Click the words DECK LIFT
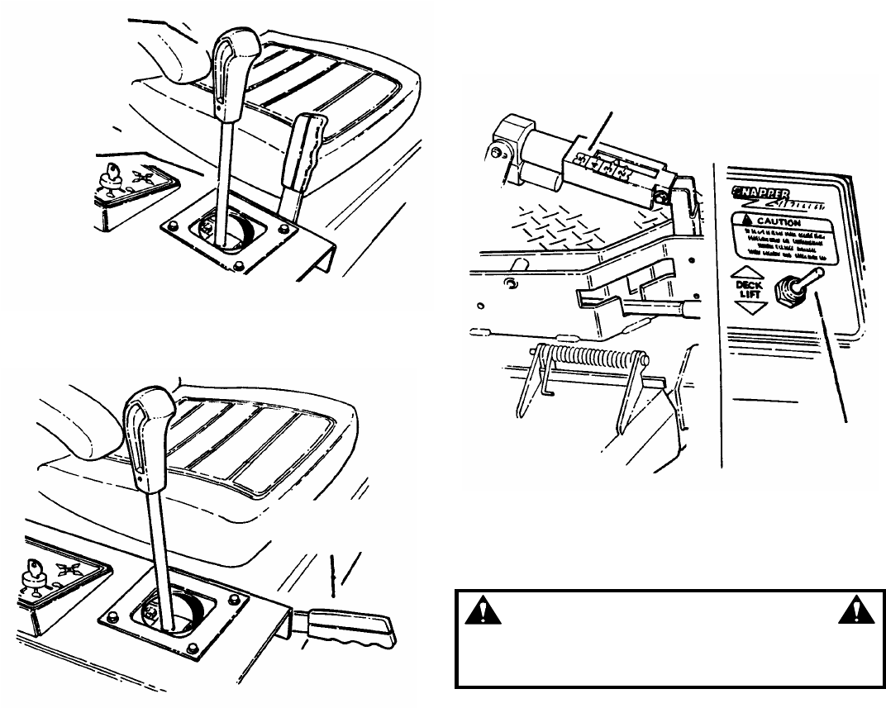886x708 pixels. point(750,288)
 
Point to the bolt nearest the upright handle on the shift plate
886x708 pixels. point(283,225)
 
